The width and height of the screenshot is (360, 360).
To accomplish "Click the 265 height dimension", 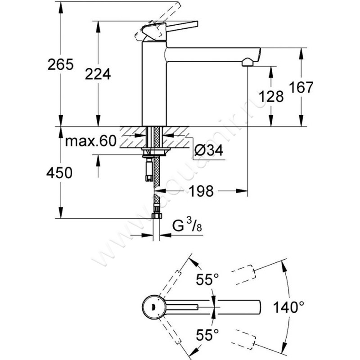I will (x=61, y=65).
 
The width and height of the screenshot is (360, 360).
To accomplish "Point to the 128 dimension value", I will (x=272, y=96).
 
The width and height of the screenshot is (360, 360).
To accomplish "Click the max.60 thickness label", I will (x=90, y=141).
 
